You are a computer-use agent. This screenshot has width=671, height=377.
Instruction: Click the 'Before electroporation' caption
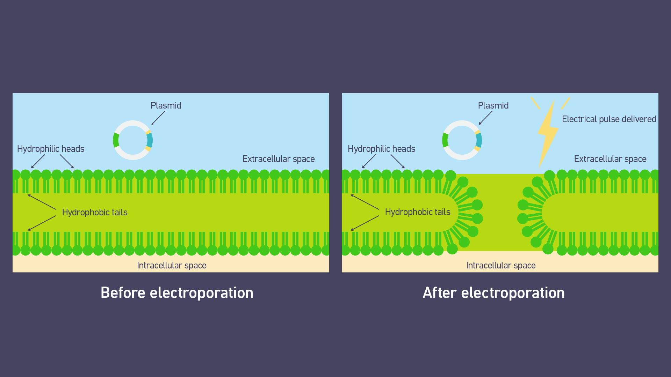(177, 293)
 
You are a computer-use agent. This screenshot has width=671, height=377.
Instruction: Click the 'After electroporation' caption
(493, 293)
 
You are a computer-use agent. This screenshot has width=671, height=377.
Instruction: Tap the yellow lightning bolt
(548, 134)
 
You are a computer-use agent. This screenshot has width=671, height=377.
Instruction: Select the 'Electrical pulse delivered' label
(609, 119)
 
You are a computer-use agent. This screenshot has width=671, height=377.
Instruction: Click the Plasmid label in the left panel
(166, 105)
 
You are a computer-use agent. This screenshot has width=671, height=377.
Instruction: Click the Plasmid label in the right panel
(493, 105)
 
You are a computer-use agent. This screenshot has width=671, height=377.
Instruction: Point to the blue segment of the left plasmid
(150, 140)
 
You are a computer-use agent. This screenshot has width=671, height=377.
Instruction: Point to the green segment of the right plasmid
(445, 140)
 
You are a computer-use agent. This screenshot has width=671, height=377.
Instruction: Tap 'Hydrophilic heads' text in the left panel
(51, 149)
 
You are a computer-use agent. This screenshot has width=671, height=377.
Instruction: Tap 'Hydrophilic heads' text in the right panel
(381, 149)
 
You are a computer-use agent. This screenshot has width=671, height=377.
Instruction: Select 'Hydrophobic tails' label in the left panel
(95, 212)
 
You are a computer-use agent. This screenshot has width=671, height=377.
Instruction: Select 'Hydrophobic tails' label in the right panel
(418, 212)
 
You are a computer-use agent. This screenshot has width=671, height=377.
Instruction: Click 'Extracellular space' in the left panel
(279, 159)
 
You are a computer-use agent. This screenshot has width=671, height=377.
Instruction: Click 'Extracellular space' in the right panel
(610, 159)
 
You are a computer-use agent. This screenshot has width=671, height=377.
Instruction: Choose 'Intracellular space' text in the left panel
(172, 265)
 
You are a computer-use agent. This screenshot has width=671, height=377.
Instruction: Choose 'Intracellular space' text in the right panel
(501, 265)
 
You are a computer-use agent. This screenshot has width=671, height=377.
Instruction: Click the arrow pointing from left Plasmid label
(158, 118)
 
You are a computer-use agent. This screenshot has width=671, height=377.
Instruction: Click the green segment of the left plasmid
(116, 140)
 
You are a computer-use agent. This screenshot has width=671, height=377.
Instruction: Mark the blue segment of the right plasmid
(479, 140)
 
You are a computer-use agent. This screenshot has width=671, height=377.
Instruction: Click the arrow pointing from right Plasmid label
(486, 118)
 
